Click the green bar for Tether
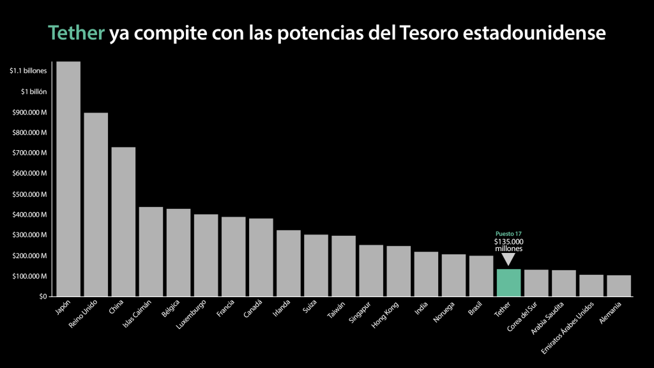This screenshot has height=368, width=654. click(x=508, y=282)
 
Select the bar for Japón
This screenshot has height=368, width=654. click(x=68, y=179)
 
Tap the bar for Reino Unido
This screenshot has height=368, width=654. click(x=96, y=204)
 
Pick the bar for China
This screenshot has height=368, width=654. click(x=123, y=222)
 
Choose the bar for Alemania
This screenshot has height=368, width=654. click(x=619, y=286)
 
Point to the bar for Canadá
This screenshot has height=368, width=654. click(x=261, y=257)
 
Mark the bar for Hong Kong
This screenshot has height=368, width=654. click(x=399, y=271)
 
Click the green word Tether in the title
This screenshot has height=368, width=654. click(x=75, y=33)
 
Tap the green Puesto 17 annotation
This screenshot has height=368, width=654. click(x=508, y=234)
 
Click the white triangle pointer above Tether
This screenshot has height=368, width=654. click(x=508, y=259)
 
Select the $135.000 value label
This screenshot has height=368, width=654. click(x=508, y=241)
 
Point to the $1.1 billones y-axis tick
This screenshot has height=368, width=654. click(x=28, y=71)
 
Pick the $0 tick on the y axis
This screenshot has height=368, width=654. click(x=42, y=296)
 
